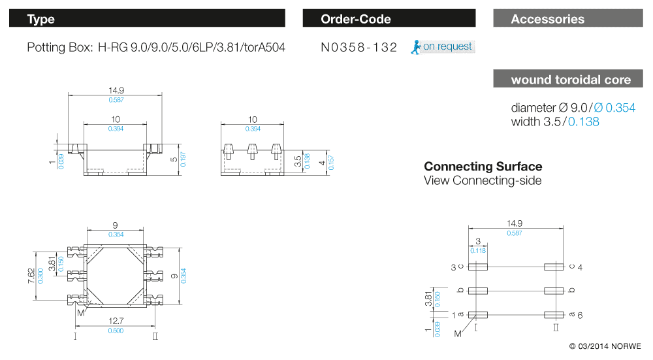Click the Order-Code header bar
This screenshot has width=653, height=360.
click(389, 19)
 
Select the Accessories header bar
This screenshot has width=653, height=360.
click(567, 19)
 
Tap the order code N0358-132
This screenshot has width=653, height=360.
click(359, 47)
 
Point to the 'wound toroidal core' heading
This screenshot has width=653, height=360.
click(571, 80)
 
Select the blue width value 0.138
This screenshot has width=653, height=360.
click(583, 122)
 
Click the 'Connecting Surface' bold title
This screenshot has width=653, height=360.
click(483, 166)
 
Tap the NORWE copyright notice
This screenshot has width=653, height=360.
click(605, 346)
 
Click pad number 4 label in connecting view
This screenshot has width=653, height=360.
click(580, 267)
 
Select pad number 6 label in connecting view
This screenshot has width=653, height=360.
click(580, 315)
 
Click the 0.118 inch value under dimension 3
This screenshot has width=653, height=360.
click(478, 250)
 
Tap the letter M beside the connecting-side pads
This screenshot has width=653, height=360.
click(458, 335)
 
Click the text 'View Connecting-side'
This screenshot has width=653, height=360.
click(483, 180)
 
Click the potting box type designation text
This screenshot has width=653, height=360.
click(156, 48)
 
